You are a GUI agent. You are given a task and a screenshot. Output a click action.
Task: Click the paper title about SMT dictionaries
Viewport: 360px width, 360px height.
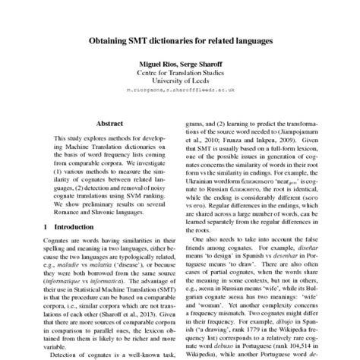(x=179, y=36)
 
